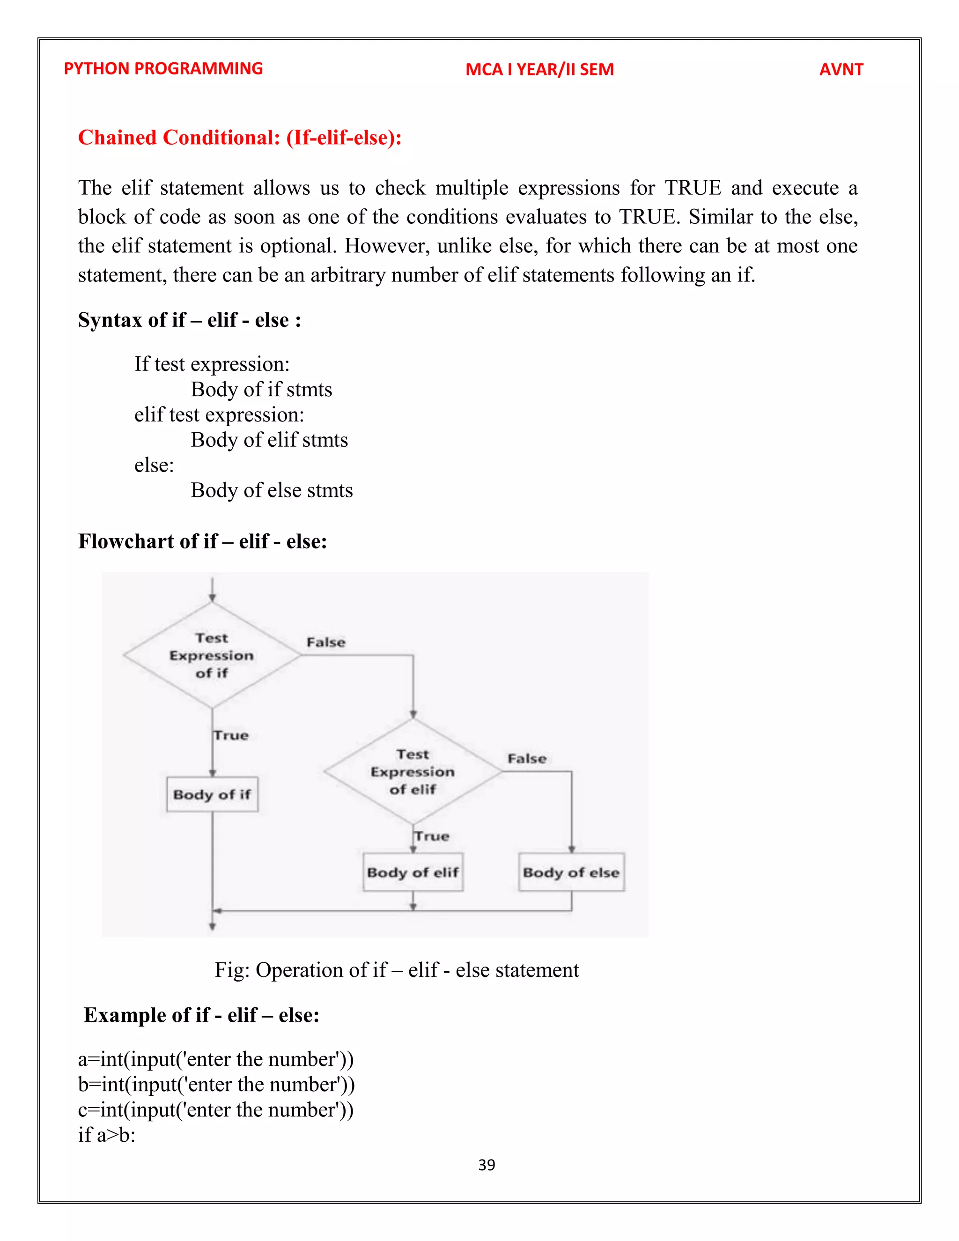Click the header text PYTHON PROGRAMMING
pos(163,69)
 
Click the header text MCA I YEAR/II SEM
pos(539,69)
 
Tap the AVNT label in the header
pos(841,69)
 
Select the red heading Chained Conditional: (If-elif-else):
pos(240,138)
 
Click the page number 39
pos(487,1165)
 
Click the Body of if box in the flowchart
pos(212,794)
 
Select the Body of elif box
pos(413,872)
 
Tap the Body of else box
pos(571,872)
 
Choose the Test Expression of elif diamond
pos(413,772)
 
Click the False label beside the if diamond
pos(325,643)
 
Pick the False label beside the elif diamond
pos(527,759)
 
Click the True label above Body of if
pos(231,735)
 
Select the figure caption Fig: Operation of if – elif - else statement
pos(397,970)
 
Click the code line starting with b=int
pos(216,1085)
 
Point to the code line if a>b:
pos(107,1135)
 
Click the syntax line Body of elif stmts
pos(269,440)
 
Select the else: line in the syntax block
pos(154,465)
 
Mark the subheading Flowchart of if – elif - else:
pos(202,541)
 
